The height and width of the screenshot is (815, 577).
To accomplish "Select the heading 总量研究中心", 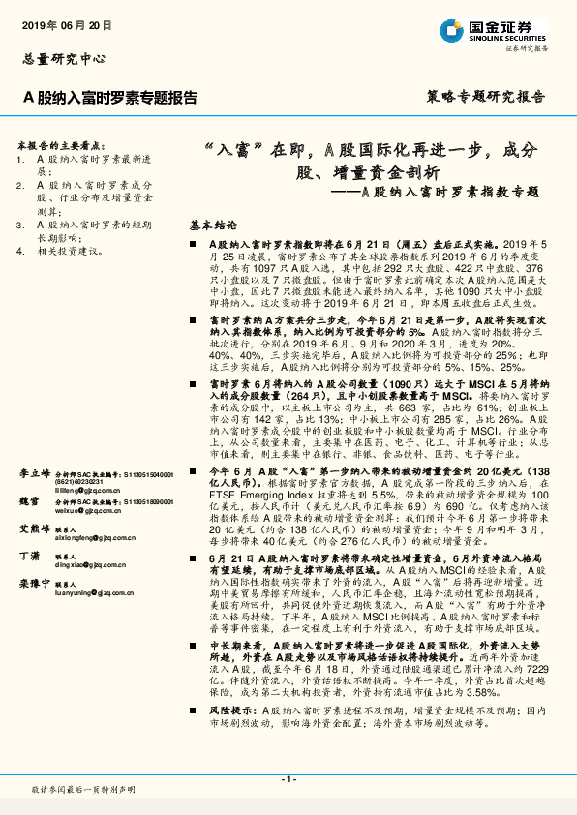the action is (x=63, y=58).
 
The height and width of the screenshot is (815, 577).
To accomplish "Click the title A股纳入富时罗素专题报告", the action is (x=110, y=98).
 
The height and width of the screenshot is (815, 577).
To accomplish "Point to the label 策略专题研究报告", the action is (x=485, y=98).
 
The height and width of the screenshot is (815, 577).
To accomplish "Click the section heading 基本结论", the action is (x=213, y=222).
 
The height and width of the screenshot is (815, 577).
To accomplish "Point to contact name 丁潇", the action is (x=30, y=558).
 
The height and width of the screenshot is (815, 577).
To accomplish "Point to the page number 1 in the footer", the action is (x=288, y=779).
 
